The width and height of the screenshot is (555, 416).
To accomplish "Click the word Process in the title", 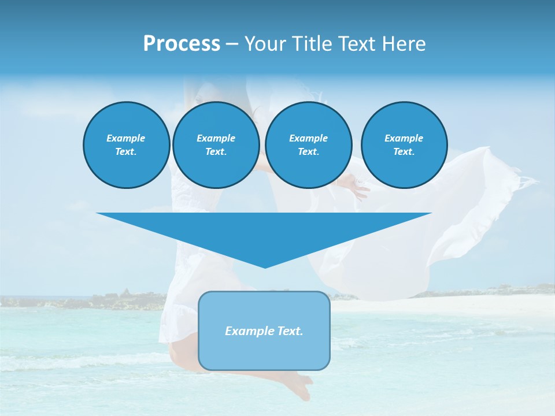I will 182,44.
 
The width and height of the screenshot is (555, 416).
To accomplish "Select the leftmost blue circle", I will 127,145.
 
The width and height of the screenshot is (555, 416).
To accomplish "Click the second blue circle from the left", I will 216,145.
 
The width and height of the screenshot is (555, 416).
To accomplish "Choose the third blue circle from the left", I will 309,145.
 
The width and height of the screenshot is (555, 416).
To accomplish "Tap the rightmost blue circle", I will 404,145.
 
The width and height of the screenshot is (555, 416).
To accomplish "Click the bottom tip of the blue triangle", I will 265,266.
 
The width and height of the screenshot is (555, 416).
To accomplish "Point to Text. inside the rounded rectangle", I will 290,331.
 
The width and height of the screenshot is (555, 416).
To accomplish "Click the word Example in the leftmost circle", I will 126,138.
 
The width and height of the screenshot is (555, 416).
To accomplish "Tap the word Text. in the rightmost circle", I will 404,152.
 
